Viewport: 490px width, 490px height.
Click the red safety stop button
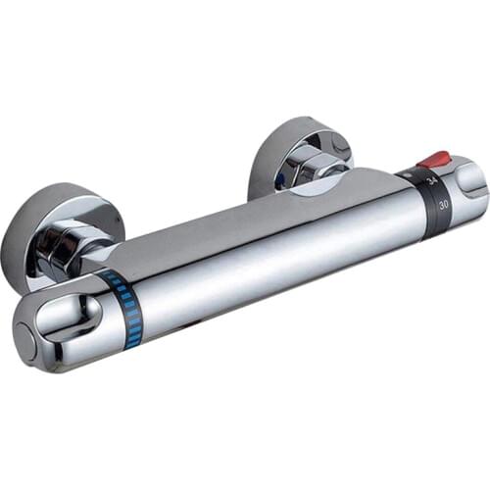click(x=434, y=158)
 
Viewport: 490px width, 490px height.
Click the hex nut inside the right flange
click(x=316, y=167)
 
